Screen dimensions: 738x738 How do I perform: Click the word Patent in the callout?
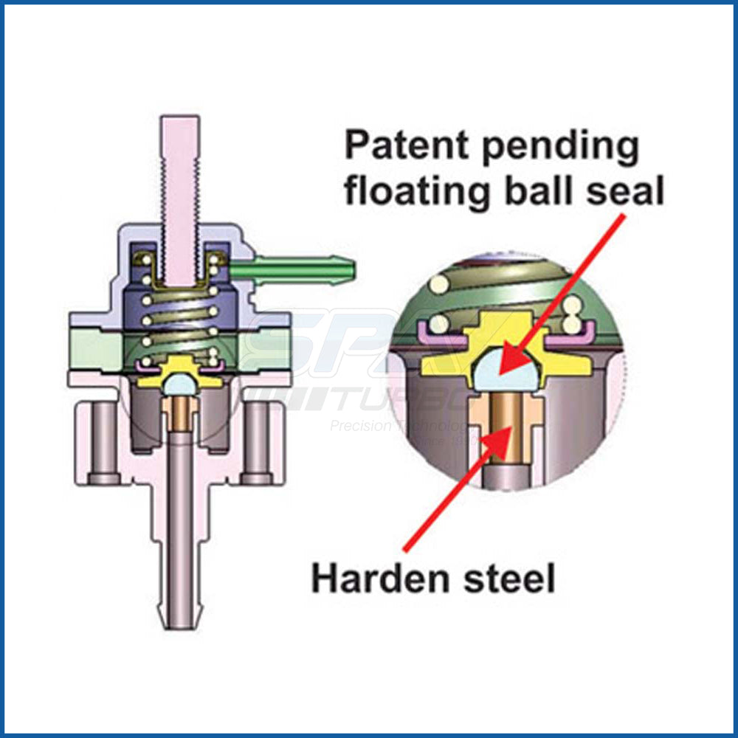(x=399, y=147)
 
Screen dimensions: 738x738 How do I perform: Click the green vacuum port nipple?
(x=295, y=268)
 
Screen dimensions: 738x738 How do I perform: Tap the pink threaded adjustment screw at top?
(x=180, y=184)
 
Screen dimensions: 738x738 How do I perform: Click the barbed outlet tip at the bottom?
(x=181, y=613)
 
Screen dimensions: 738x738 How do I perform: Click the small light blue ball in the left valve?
(x=181, y=384)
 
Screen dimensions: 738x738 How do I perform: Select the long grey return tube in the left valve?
(x=181, y=517)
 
